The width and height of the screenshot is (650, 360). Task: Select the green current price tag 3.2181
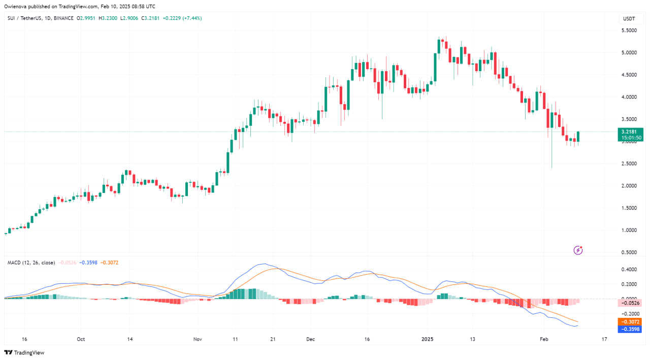pos(630,132)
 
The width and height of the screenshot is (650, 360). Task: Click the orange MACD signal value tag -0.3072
pos(630,322)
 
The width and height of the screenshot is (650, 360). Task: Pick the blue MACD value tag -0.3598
pos(630,329)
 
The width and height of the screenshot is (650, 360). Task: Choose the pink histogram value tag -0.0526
pos(630,303)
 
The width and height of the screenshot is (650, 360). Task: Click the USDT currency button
pos(629,19)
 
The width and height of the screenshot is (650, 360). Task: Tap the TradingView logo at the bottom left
pos(24,352)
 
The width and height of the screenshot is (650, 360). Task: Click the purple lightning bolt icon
pos(578,250)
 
